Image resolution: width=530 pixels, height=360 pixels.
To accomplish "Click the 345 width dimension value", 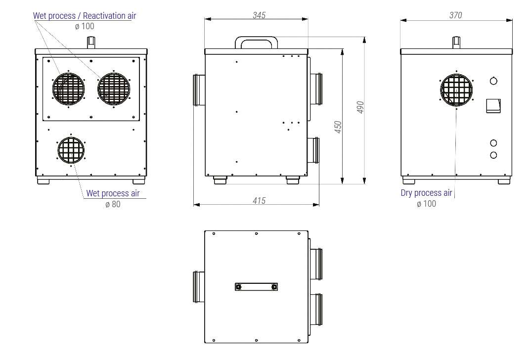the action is (259, 15).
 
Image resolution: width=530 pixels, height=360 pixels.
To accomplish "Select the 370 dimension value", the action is (456, 15).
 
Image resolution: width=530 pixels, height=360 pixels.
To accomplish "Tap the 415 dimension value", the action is (259, 201).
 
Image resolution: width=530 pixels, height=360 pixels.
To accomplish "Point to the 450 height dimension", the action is (338, 127).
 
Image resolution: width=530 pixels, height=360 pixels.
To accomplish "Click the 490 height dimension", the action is (360, 107).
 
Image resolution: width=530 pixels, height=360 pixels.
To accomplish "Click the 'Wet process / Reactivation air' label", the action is (85, 16).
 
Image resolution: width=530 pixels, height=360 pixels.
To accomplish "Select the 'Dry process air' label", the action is (426, 193).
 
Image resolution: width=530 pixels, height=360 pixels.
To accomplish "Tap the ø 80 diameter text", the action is (113, 204).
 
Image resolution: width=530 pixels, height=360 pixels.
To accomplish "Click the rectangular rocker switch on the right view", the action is (493, 106).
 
